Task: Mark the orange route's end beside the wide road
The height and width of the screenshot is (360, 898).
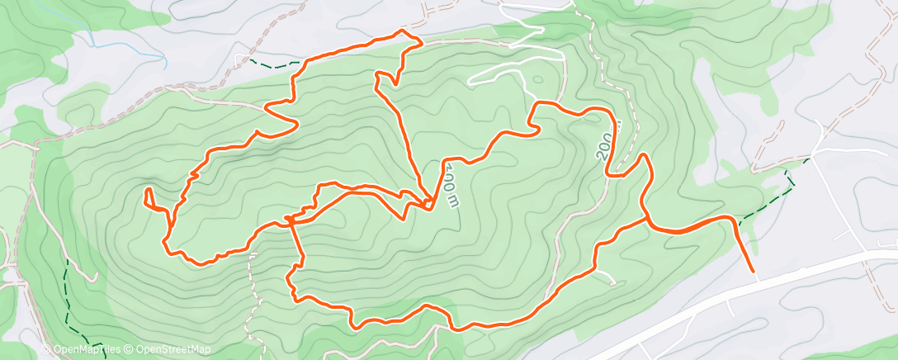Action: (753, 270)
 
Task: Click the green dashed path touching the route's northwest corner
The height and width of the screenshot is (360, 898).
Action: (272, 64)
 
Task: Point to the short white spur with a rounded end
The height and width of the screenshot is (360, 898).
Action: (607, 277)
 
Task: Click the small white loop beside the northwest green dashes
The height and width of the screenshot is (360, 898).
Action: (241, 59)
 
